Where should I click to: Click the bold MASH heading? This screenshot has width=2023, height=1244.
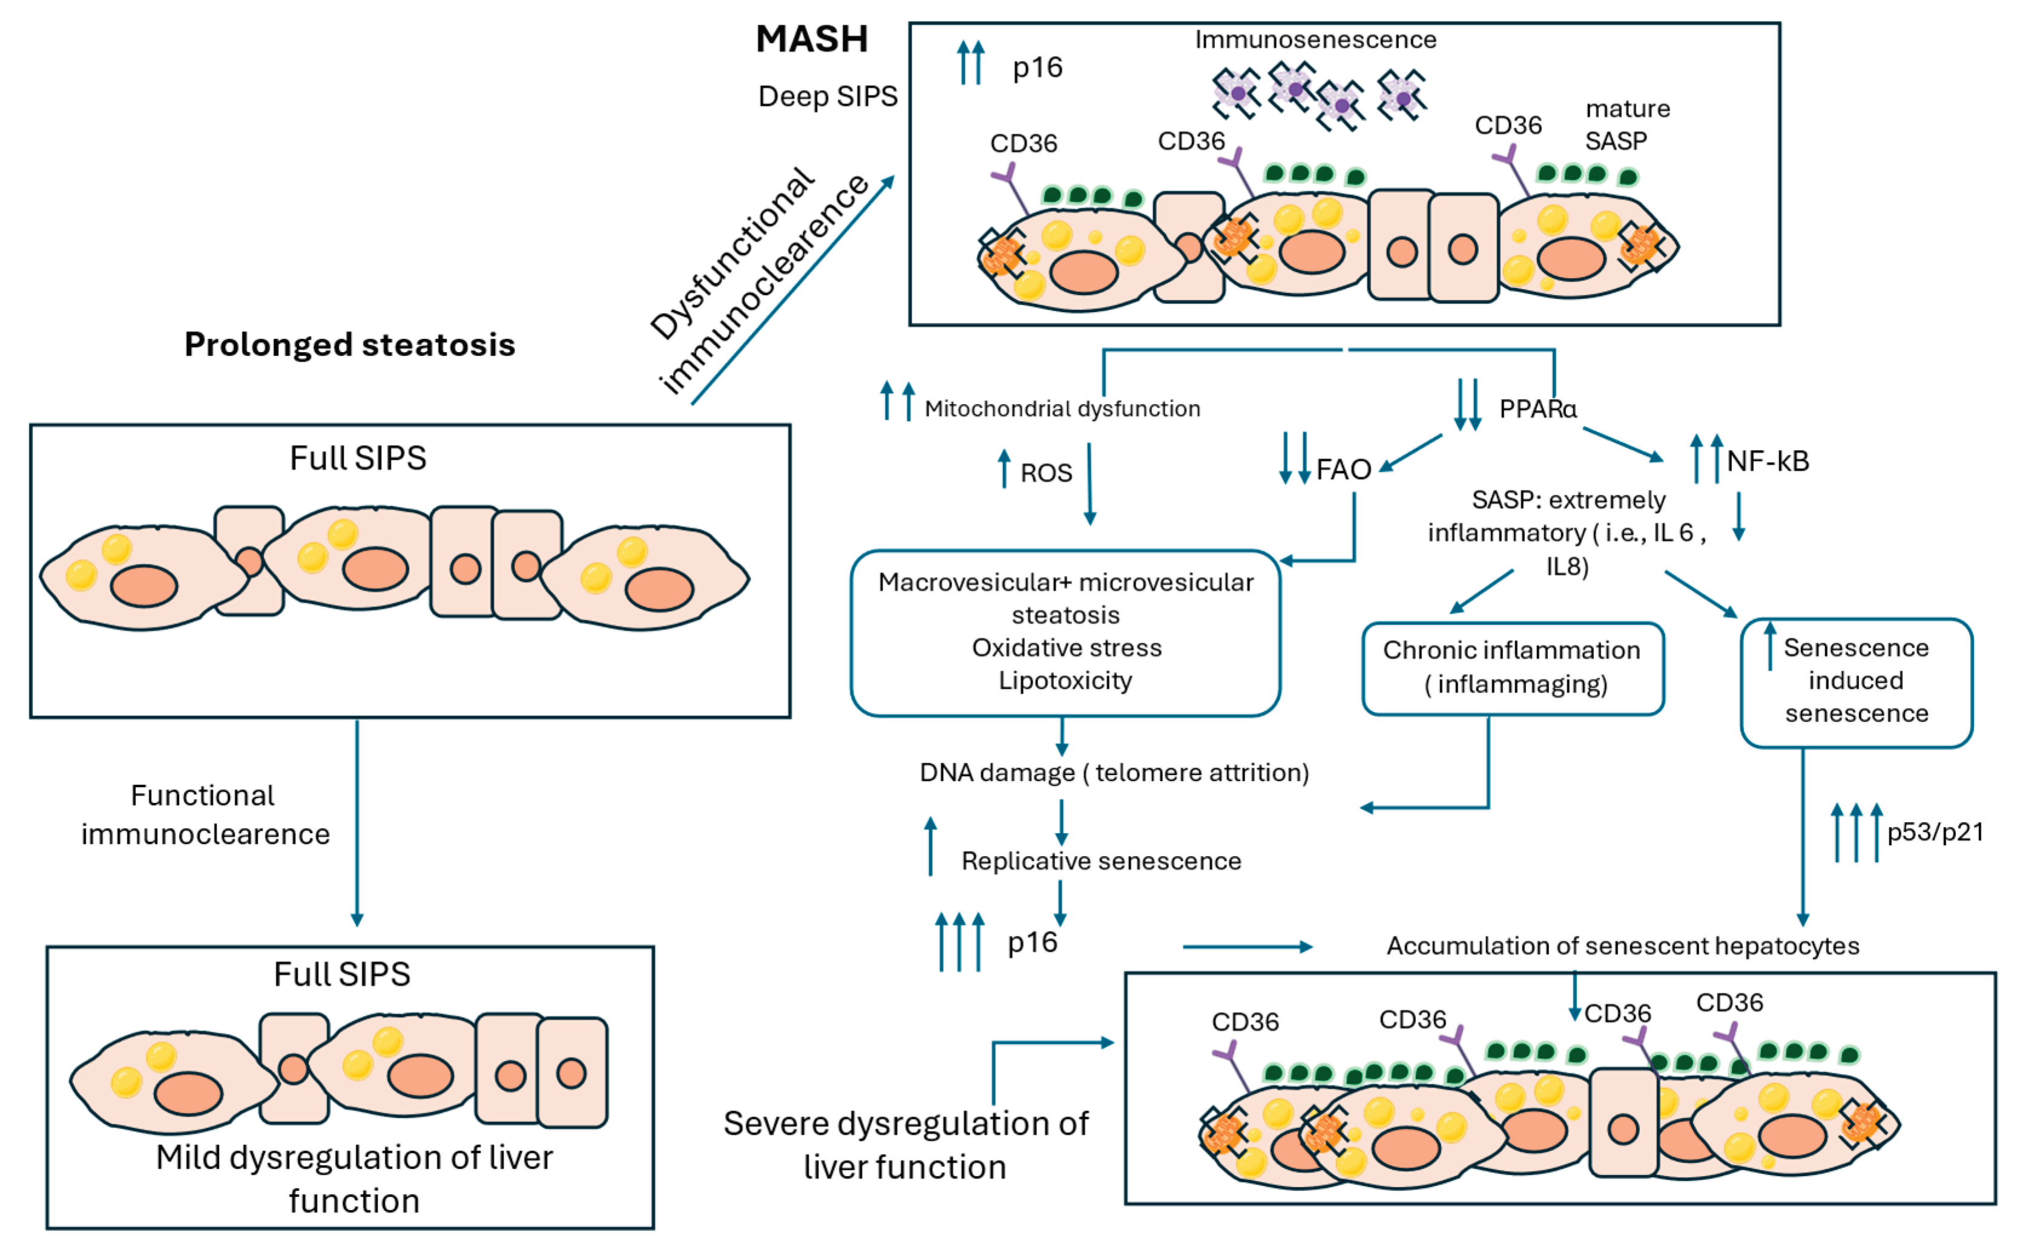click(x=812, y=39)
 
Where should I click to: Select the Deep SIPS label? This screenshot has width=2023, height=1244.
click(x=827, y=96)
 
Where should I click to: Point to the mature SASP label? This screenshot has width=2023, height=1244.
click(x=1627, y=125)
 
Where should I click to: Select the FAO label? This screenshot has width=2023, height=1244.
click(x=1343, y=470)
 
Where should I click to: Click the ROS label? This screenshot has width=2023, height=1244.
click(x=1046, y=473)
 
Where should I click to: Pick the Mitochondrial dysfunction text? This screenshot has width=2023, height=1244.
click(x=1062, y=409)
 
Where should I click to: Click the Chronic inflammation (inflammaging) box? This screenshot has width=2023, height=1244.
click(x=1512, y=667)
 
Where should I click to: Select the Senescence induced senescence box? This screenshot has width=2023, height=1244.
click(x=1856, y=681)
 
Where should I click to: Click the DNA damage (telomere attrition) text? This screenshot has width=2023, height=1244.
click(x=1114, y=773)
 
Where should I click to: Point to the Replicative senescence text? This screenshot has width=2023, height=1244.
click(x=1101, y=862)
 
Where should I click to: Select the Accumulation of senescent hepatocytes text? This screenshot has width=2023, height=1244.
click(x=1622, y=946)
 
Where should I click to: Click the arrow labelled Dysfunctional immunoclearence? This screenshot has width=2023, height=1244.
click(x=792, y=290)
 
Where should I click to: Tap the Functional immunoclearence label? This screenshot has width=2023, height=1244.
click(x=205, y=814)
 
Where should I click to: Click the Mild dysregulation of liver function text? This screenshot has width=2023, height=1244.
click(x=354, y=1178)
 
